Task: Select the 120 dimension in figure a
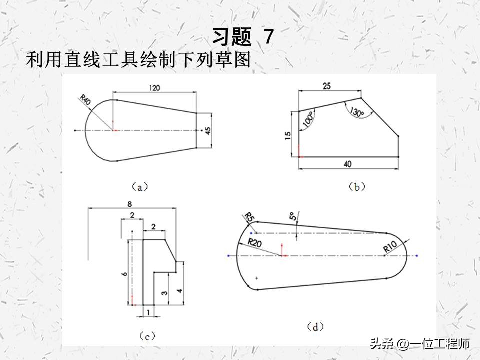(x=154, y=88)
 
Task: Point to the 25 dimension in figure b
(x=327, y=86)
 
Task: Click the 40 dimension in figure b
(x=349, y=163)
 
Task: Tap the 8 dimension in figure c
(x=129, y=204)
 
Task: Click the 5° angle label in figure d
(x=292, y=217)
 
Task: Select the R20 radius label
(x=255, y=243)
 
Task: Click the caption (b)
(x=356, y=187)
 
